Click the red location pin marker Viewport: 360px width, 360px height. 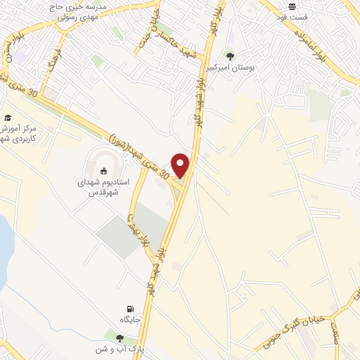click(x=181, y=165)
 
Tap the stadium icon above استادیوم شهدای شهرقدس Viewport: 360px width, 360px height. click(x=103, y=169)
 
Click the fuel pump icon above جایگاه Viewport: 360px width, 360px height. click(x=129, y=309)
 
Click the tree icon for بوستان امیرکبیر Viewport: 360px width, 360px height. click(x=230, y=56)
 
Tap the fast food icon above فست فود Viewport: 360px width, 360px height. click(x=292, y=6)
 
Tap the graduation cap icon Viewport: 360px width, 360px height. click(x=8, y=117)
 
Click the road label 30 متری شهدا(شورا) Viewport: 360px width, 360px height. click(x=137, y=149)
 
